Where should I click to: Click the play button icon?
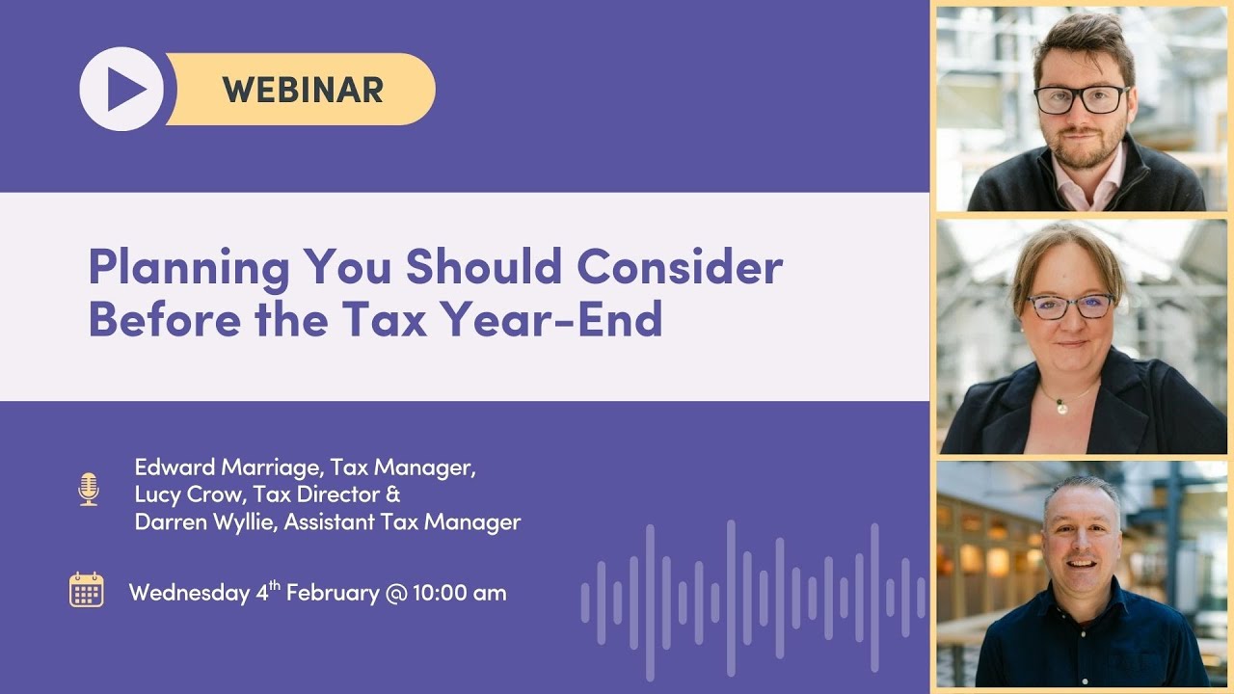(121, 90)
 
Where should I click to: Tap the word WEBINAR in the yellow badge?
(303, 90)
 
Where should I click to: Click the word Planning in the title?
(188, 267)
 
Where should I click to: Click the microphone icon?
(89, 489)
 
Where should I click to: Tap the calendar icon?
(87, 589)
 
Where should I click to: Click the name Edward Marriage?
(228, 468)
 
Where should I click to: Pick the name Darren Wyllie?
(194, 522)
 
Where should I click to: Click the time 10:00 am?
(459, 593)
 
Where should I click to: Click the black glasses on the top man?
(1081, 97)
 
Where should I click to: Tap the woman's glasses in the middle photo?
(1070, 306)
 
